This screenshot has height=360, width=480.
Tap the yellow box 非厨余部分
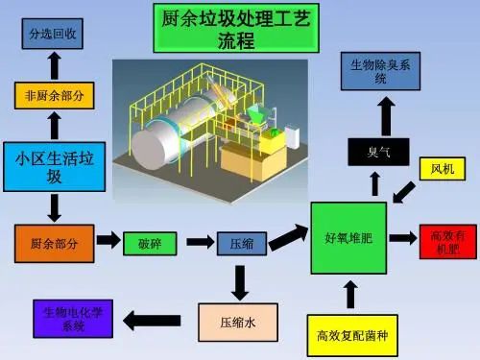click(54, 95)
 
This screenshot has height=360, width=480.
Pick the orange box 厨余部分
click(54, 243)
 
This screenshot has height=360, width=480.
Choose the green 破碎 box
click(149, 243)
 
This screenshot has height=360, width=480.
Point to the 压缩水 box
click(239, 324)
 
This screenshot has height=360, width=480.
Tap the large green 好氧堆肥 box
click(348, 235)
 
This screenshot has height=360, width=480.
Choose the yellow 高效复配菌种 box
click(350, 335)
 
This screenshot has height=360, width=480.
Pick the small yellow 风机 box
click(441, 169)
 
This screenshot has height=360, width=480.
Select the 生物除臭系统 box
click(380, 72)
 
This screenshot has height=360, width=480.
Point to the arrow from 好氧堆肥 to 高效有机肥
click(403, 236)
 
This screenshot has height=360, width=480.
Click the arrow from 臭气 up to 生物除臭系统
click(385, 116)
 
